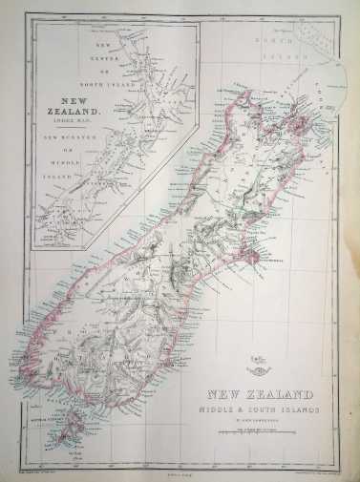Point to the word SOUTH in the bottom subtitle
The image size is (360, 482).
263,410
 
